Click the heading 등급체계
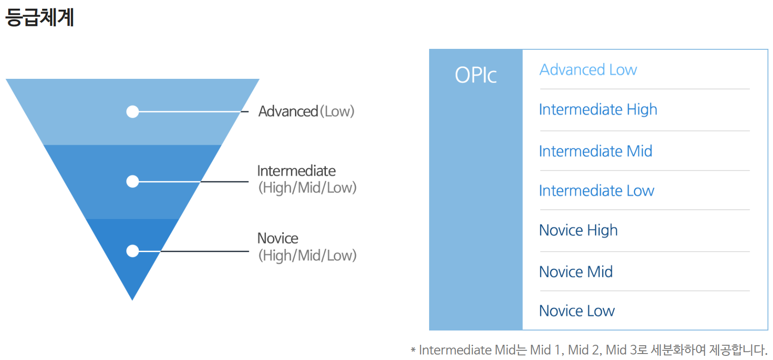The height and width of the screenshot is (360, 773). click(40, 18)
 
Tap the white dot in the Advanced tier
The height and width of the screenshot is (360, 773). click(133, 112)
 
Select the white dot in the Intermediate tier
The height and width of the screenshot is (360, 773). click(133, 182)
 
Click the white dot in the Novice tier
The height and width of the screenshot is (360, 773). click(133, 251)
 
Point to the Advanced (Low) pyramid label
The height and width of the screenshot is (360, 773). click(306, 112)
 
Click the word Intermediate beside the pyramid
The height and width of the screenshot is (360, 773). click(296, 171)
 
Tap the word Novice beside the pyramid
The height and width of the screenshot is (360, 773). click(277, 238)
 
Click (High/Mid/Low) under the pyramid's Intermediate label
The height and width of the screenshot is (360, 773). click(307, 188)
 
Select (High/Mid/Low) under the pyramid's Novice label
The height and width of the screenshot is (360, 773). click(307, 255)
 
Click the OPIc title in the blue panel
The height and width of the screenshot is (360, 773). click(476, 75)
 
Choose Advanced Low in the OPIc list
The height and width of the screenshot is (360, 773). click(588, 70)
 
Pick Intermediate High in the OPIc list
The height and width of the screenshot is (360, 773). click(598, 110)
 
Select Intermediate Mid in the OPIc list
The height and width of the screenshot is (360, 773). click(596, 151)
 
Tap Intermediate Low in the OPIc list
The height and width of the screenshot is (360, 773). click(596, 191)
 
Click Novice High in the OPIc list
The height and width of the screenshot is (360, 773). click(578, 230)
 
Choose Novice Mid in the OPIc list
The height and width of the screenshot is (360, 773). click(576, 272)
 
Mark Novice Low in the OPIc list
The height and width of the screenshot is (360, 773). click(577, 311)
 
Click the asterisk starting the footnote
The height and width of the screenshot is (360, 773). click(413, 351)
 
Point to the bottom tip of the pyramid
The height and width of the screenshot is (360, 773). click(132, 298)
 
